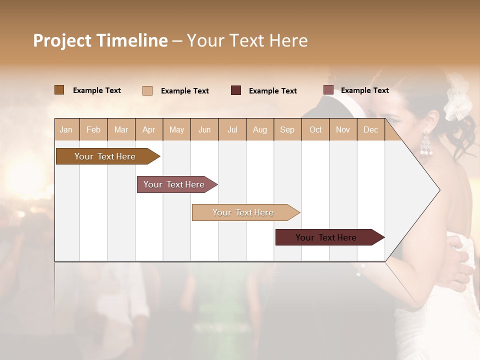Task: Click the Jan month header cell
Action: [x=66, y=130]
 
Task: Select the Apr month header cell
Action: [x=149, y=130]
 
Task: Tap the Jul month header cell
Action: [x=232, y=130]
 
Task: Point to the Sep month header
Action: [x=287, y=130]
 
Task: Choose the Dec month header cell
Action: [x=370, y=130]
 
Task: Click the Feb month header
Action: [x=93, y=130]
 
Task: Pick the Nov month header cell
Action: [x=343, y=130]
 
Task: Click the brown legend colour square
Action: [x=59, y=90]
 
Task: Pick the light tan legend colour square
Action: [x=147, y=90]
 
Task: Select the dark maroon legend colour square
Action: [x=236, y=90]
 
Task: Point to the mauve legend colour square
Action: [x=328, y=90]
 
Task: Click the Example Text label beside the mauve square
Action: [x=364, y=90]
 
